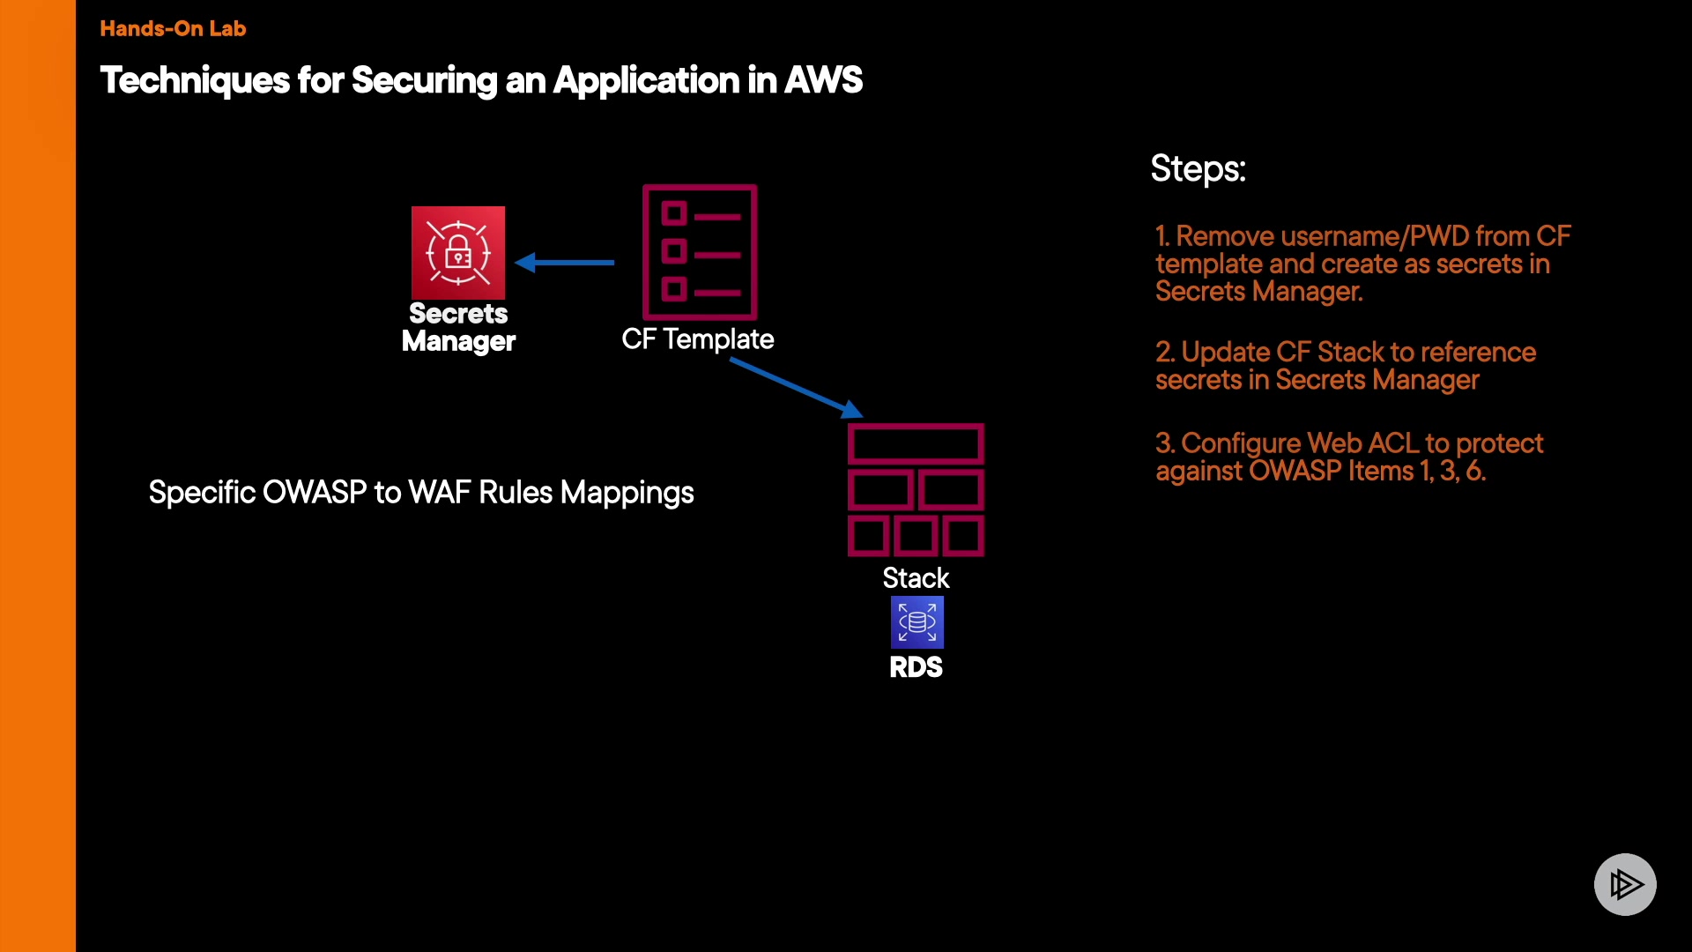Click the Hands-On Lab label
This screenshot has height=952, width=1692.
173,28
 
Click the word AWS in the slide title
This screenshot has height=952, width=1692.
823,80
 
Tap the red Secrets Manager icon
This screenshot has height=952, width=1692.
458,253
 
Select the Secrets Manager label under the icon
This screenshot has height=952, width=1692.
458,327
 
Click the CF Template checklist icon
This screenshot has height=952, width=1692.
700,252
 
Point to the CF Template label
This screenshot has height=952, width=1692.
697,339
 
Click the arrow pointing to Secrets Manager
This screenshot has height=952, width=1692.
564,262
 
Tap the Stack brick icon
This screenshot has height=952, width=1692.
916,490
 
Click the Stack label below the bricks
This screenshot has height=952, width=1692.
916,578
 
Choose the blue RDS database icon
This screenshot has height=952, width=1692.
916,622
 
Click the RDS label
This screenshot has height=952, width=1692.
916,667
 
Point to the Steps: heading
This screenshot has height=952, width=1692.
1198,168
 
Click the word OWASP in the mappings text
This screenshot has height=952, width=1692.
314,493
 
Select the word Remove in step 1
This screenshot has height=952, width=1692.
1225,236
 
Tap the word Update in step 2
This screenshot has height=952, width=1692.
1225,353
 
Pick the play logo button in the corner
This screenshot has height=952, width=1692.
1625,884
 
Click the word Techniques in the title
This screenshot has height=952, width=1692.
195,80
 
